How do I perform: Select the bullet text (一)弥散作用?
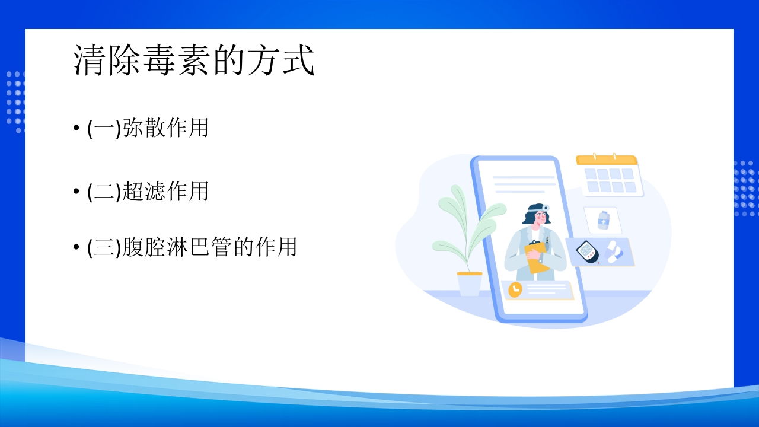click(x=148, y=128)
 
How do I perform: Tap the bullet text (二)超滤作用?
click(x=148, y=192)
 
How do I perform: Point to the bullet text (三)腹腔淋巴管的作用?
click(x=192, y=247)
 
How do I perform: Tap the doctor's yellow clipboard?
click(x=537, y=257)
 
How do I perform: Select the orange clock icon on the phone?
click(x=515, y=289)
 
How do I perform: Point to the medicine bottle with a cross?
click(x=603, y=220)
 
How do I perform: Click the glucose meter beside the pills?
click(x=587, y=251)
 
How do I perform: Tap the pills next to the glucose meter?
click(x=614, y=251)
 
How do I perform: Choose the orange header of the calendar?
click(x=606, y=160)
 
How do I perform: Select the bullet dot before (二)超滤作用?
click(x=76, y=192)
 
